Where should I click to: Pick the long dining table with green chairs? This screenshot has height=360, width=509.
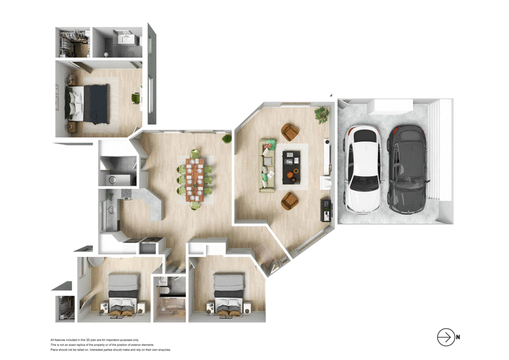[x=195, y=178]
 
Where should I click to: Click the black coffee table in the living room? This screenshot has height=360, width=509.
[x=292, y=165]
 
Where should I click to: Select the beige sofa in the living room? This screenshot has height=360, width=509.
[x=267, y=165]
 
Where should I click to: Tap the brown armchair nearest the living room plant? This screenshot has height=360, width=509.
[x=290, y=132]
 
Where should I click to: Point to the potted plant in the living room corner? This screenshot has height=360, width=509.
[x=321, y=115]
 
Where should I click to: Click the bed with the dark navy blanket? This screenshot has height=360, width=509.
[x=89, y=103]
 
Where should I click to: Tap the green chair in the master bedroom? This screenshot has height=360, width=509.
[x=135, y=98]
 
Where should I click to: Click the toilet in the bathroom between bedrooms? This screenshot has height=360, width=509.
[x=164, y=290]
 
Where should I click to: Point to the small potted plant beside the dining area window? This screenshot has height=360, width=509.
[x=226, y=138]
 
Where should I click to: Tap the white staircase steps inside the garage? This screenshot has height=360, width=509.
[x=436, y=159]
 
